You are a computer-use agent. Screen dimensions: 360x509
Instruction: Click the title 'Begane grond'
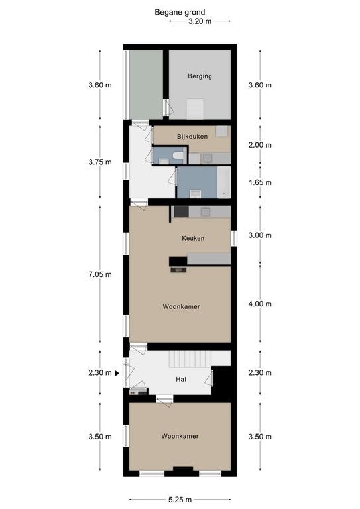180,13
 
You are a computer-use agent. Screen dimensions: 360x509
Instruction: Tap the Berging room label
200,76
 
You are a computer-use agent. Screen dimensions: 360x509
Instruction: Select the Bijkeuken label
192,137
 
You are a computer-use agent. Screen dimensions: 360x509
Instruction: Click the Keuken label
193,238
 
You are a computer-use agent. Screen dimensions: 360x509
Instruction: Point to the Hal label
181,379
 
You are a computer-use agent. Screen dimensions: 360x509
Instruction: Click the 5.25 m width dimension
180,500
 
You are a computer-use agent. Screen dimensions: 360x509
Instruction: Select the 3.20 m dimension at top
200,21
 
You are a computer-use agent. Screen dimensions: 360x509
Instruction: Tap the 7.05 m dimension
100,274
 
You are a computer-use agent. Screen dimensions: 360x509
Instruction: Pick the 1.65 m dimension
260,182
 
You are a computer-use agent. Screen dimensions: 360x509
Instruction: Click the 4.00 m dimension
260,304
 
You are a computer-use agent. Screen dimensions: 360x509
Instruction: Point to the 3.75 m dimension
100,162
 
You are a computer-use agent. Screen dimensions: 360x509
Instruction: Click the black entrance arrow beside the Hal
117,373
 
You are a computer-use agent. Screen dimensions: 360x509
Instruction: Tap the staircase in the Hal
190,359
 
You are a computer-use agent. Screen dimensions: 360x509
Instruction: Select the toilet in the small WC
178,156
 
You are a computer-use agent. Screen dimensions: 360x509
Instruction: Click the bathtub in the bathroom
224,182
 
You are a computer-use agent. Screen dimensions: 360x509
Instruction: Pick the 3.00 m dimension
260,235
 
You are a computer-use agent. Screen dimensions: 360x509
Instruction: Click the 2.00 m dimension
260,145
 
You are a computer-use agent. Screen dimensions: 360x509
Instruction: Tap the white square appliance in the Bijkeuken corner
222,132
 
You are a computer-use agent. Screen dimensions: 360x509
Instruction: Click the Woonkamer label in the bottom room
180,436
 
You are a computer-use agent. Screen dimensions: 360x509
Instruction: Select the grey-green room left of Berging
146,84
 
